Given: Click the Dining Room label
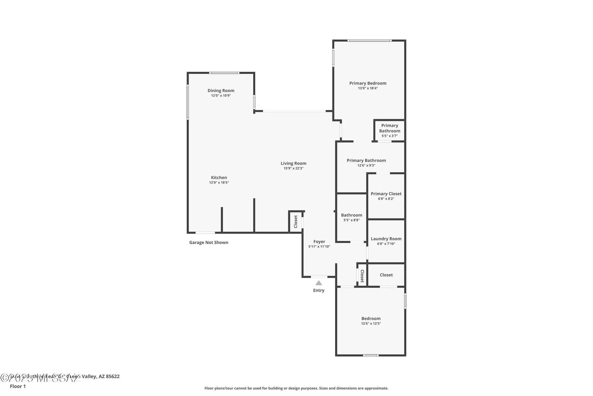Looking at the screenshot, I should pos(221,91).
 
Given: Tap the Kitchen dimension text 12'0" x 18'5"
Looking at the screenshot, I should pos(219,183).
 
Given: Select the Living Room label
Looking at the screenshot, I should pos(293,163).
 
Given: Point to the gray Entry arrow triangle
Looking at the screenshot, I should pos(319,283).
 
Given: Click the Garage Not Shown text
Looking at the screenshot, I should pos(209,242).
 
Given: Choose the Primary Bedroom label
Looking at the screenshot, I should pos(368,83).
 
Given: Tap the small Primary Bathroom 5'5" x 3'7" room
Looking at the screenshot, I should pos(390,130).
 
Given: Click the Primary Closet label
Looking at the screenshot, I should pos(386,194).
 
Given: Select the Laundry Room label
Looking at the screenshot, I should pos(386,239).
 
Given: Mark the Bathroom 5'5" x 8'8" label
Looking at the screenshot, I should pos(351,215).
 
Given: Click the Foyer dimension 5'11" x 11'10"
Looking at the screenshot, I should pos(319,247).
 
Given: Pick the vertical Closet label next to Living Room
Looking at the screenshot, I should pos(296,222).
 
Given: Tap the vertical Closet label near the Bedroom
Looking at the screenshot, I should pos(362,276).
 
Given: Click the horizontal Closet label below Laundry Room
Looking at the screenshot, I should pos(386,275).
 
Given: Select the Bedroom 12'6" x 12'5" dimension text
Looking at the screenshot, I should pos(371,324).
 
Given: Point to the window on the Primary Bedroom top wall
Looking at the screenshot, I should pos(369,41).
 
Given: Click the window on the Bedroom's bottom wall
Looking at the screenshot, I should pos(371,355).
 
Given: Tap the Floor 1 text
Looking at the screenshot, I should pos(18,386).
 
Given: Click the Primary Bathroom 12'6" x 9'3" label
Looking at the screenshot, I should pos(366,161).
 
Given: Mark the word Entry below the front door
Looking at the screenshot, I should pos(319,291).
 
